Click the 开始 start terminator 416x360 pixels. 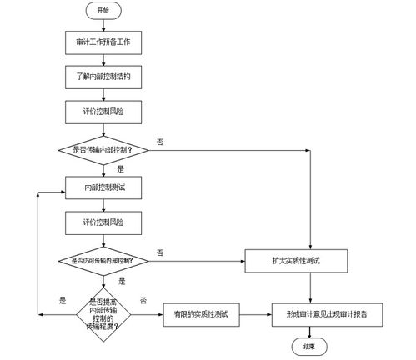pos(103,11)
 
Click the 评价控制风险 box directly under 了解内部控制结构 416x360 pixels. pos(103,110)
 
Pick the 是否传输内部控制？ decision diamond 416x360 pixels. pos(103,150)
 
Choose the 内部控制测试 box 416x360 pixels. pos(103,187)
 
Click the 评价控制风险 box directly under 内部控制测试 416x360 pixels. pos(103,222)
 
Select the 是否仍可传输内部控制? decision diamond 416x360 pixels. pos(103,260)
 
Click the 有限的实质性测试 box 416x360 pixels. pos(200,314)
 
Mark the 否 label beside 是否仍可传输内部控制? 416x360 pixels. pos(159,252)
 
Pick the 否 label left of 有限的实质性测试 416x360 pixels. pos(143,300)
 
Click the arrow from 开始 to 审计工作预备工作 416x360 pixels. pos(103,24)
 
